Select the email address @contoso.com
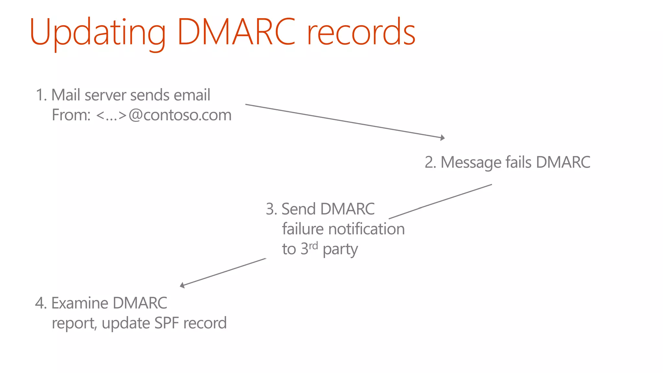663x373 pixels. point(180,115)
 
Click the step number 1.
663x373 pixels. point(40,96)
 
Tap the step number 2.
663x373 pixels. point(430,163)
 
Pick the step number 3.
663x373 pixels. point(271,209)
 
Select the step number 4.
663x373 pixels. point(40,303)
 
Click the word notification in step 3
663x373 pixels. point(366,229)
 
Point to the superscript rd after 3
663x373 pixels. point(313,246)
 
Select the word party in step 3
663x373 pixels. point(340,250)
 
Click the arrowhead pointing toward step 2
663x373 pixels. point(443,138)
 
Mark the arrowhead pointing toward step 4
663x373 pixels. point(182,285)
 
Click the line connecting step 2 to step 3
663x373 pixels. point(440,201)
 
